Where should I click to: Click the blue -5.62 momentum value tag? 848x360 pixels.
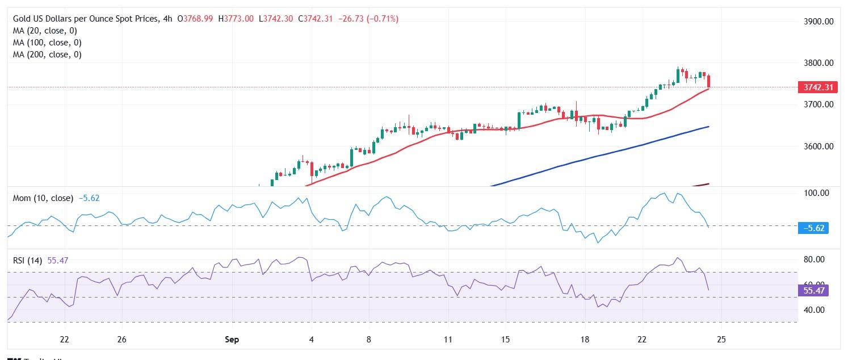(813, 228)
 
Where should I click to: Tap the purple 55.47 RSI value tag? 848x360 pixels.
(813, 291)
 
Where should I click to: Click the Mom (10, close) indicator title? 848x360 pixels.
(43, 198)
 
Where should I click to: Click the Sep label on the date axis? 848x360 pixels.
(232, 340)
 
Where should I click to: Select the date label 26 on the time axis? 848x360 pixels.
(121, 340)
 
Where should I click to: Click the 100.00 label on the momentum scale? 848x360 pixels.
(817, 193)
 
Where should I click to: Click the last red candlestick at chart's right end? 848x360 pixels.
(708, 81)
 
